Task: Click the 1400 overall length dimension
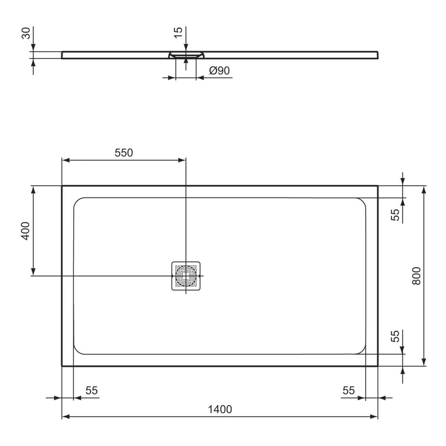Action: pos(220,409)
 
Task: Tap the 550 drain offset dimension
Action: pos(123,153)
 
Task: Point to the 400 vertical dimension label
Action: pos(25,230)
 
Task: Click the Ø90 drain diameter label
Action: pos(219,71)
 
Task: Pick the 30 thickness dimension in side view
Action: pos(26,33)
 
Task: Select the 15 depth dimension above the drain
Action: pos(178,32)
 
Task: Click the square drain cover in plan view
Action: pos(186,276)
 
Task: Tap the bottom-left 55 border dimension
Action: pos(91,391)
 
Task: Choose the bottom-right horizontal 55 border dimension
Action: pos(348,391)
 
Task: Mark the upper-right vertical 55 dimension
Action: pos(395,214)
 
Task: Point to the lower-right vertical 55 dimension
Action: pos(395,336)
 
